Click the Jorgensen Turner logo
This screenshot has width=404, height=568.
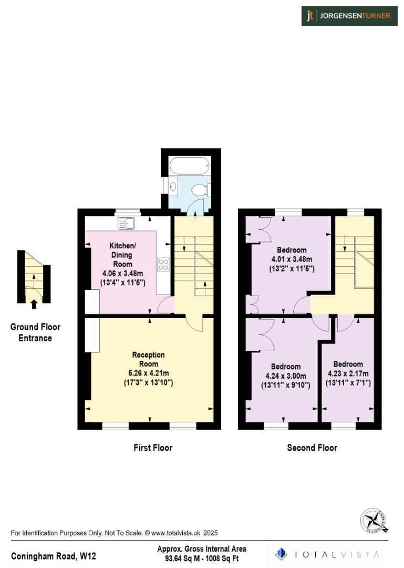[x=349, y=16]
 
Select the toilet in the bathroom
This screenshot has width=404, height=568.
[x=200, y=190]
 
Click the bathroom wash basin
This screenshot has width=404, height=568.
[x=173, y=185]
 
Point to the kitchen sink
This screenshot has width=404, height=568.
[x=127, y=224]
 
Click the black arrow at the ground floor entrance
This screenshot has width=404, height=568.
[x=34, y=303]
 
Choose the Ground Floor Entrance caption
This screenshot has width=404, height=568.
[x=35, y=332]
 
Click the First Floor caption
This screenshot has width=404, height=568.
[x=152, y=448]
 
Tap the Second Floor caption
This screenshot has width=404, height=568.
[x=312, y=448]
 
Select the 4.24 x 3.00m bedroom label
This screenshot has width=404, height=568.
[x=286, y=376]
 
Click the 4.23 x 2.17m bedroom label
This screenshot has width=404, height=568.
[x=348, y=373]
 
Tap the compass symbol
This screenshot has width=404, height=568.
[x=375, y=521]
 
